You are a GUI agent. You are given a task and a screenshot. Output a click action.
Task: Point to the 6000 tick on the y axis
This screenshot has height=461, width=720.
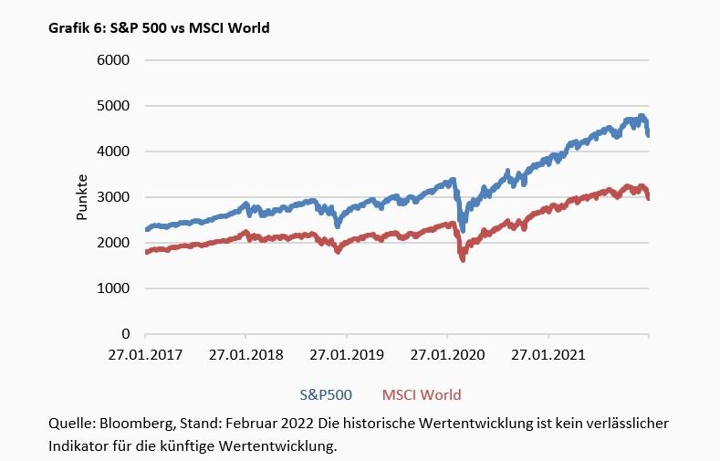[x=114, y=60]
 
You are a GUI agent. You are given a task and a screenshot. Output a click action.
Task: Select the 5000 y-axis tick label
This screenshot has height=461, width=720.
[x=114, y=106]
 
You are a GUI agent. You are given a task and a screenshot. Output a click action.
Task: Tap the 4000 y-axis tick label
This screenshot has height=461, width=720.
[x=114, y=152]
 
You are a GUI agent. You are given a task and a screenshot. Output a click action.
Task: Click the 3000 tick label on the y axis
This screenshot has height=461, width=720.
[x=114, y=197]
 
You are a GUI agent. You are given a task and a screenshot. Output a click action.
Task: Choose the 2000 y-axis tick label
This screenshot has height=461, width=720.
[x=114, y=243]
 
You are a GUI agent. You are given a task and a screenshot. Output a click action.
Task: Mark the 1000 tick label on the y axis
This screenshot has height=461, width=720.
[x=114, y=288]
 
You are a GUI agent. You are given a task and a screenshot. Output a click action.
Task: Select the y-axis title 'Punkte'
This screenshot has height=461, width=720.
[x=82, y=197]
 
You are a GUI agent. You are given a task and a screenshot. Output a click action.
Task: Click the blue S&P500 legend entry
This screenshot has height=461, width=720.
[x=326, y=395]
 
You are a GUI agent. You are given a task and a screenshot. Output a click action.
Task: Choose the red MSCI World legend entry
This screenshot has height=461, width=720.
[x=422, y=395]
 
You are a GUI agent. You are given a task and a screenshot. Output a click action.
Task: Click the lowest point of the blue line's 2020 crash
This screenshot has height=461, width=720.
[x=463, y=231]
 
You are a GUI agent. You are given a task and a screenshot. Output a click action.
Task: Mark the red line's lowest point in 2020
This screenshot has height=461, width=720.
[x=463, y=260]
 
